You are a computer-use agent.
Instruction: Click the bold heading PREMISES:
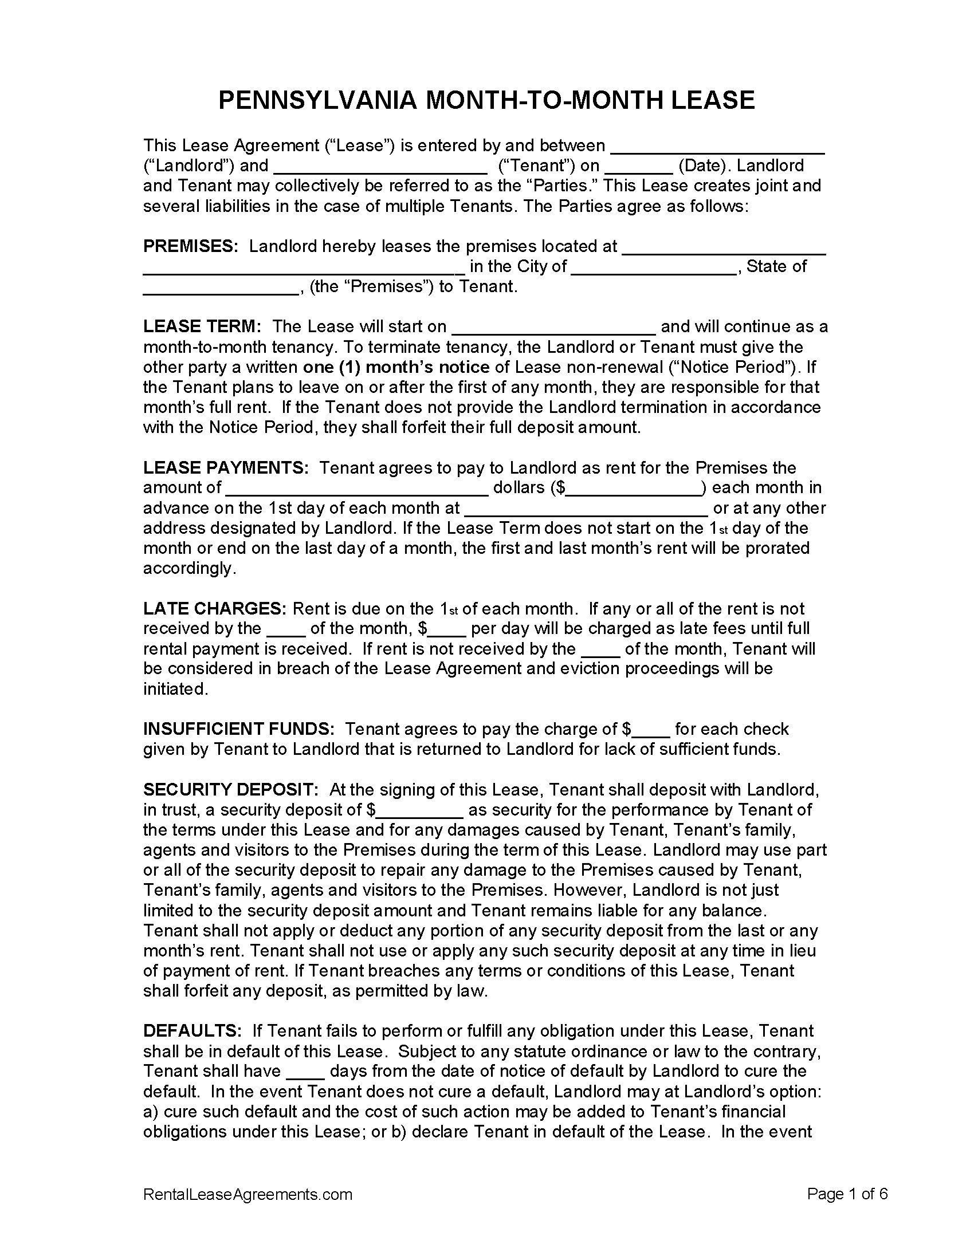[x=190, y=246]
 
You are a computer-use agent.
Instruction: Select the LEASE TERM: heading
[x=202, y=326]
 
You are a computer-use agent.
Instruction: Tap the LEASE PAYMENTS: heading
[x=226, y=467]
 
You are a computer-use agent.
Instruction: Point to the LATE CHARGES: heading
[x=214, y=609]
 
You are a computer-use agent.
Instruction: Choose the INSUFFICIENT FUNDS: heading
[x=238, y=729]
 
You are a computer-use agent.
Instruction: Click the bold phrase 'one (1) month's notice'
[x=396, y=367]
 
